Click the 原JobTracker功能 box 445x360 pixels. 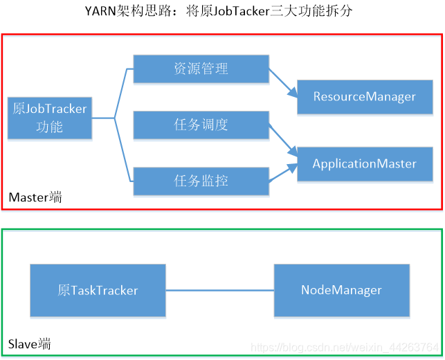point(49,118)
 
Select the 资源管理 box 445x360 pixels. point(201,69)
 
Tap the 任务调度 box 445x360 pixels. point(201,125)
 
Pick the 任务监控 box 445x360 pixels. point(201,181)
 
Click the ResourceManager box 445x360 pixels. point(365,96)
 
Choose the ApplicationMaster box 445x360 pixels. point(365,164)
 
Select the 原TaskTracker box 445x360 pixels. point(98,290)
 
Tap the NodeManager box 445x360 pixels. point(341,290)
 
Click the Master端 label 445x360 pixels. point(35,197)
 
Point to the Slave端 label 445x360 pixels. point(30,343)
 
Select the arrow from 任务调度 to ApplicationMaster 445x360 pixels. point(283,138)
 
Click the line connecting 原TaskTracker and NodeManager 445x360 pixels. point(220,290)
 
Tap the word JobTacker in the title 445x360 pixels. point(237,11)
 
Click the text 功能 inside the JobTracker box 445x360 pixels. point(49,127)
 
